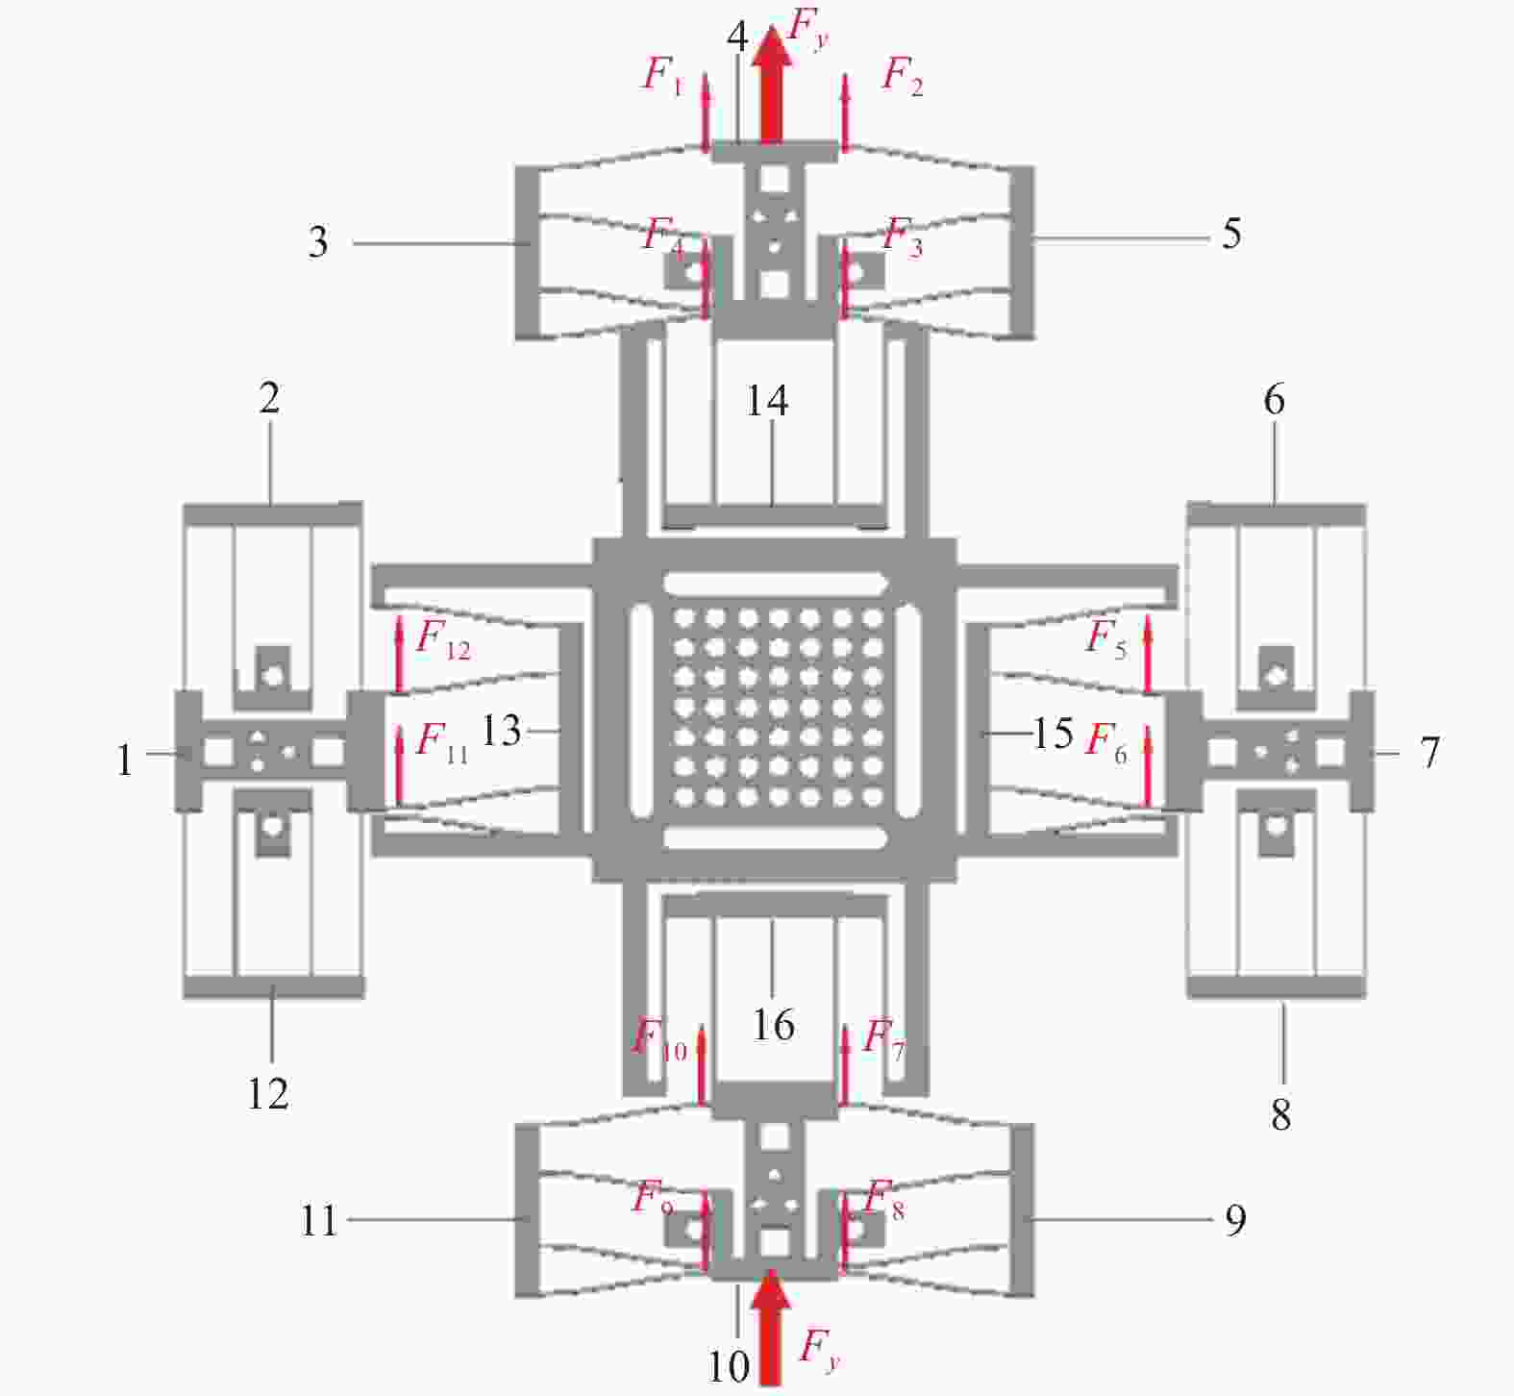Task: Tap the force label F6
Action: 1106,741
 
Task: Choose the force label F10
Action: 658,1039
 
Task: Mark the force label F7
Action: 883,1037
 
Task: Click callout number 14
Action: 767,400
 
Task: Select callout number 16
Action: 773,1025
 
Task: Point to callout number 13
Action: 501,731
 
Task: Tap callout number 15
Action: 1053,734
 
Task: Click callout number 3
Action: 318,242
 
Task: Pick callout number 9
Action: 1235,1220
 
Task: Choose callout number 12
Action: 268,1093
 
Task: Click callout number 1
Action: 124,760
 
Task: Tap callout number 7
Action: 1429,752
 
